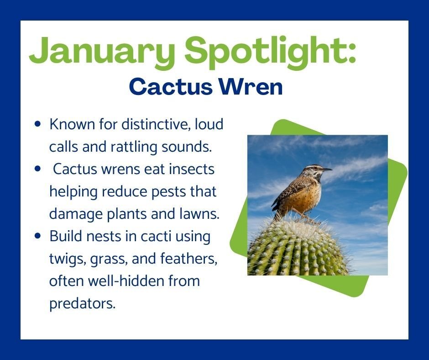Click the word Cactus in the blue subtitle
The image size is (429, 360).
pos(171,87)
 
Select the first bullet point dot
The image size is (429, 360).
pos(38,124)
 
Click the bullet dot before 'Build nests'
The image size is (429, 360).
pos(38,236)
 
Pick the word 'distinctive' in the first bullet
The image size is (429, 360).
pos(156,124)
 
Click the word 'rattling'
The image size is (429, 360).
pos(134,147)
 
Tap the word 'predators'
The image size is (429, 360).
pos(82,303)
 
